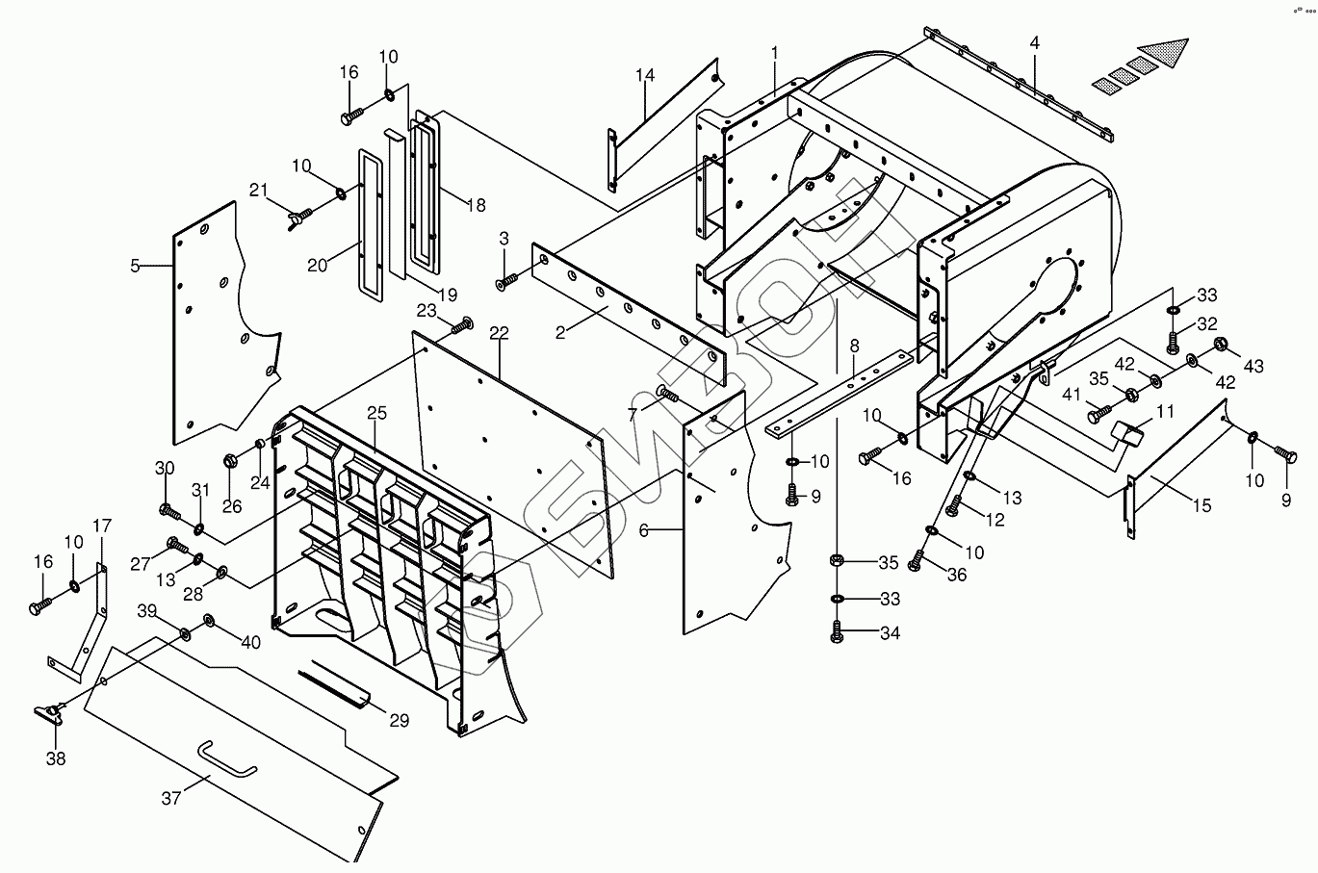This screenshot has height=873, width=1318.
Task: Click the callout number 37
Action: [x=171, y=797]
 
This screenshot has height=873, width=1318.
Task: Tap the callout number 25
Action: [x=376, y=413]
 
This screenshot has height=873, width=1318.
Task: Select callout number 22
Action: [x=498, y=333]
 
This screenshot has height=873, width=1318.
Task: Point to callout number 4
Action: [x=1034, y=43]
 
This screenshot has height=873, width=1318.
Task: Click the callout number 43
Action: [x=1253, y=367]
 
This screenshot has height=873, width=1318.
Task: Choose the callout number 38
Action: [x=56, y=758]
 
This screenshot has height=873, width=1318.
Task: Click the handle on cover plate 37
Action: [x=227, y=758]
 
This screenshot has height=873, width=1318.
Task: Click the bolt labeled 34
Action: [x=836, y=633]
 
